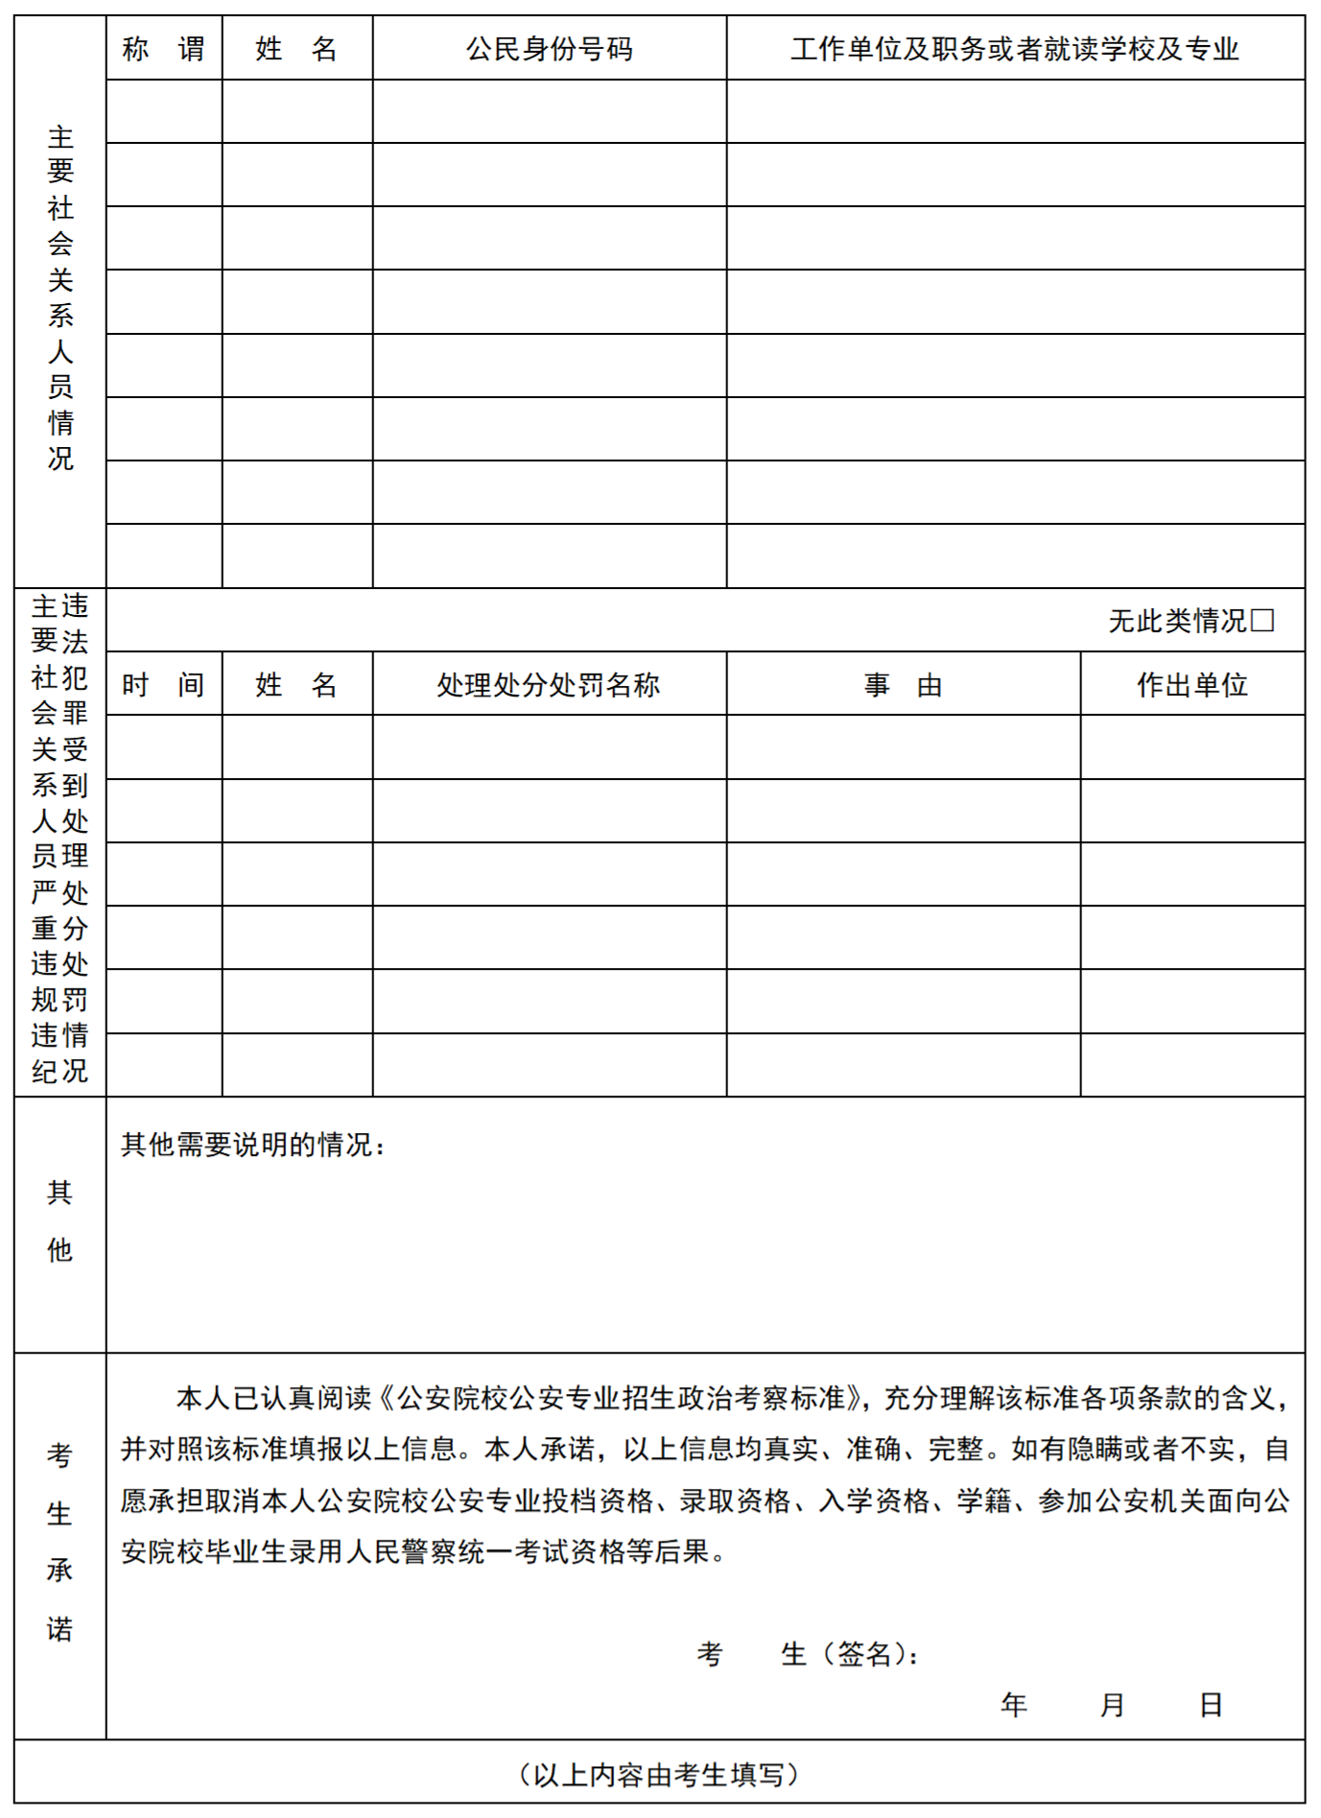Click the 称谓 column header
click(163, 48)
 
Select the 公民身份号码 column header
click(549, 48)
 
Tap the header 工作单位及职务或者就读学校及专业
click(1015, 48)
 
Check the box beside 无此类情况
click(1262, 621)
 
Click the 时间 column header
click(163, 685)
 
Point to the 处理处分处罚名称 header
click(549, 685)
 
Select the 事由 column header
click(903, 685)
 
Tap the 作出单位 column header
click(1191, 685)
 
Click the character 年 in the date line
click(1014, 1705)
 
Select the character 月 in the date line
click(1112, 1705)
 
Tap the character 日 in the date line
click(1211, 1705)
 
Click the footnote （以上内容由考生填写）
click(659, 1775)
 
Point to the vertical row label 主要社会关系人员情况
click(60, 297)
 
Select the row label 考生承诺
click(59, 1542)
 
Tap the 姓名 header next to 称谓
click(296, 48)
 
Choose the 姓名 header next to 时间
click(296, 685)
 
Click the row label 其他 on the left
click(59, 1220)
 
